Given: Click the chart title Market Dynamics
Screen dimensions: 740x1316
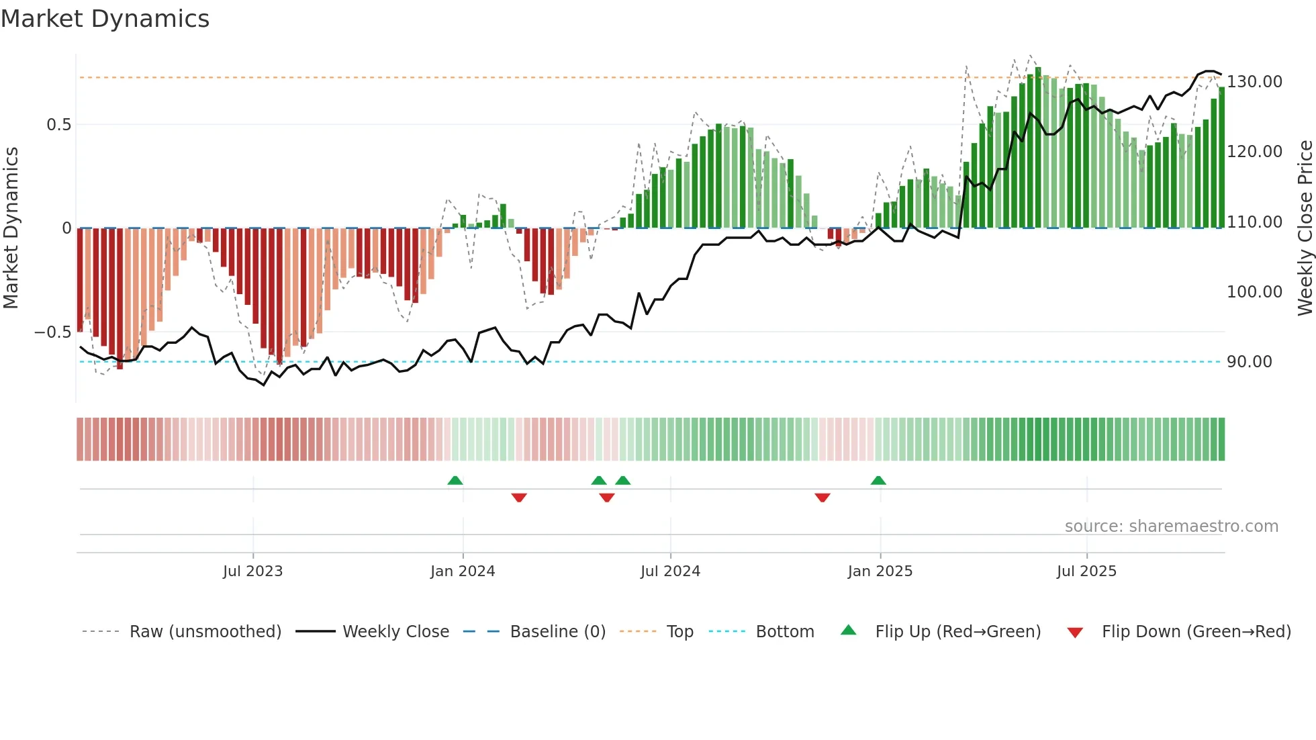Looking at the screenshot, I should pos(105,19).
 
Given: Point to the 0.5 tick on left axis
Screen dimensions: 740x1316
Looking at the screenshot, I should pos(58,125).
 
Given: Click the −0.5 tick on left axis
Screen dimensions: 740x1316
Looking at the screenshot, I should pos(53,332).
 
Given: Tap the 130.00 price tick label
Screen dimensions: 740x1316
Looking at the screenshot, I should pos(1254,82).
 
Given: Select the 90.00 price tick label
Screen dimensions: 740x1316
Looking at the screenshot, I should pos(1249,362).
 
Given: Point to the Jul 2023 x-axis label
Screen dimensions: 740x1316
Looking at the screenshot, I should pos(252,571).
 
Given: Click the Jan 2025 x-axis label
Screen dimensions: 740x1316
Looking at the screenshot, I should pos(880,571).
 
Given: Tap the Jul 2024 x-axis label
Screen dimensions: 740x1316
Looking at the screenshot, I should pos(670,571).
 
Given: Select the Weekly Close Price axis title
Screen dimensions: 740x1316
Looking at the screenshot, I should pos(1305,228).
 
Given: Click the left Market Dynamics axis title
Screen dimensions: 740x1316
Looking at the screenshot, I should pos(11,228).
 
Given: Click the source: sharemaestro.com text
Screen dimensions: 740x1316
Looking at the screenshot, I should pos(1171,526).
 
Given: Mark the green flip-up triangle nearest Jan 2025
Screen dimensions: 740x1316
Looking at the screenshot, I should pos(878,481).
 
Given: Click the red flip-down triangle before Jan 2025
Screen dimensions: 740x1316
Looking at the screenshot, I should pos(822,498).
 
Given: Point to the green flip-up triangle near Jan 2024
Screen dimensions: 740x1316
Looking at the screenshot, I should pos(455,481).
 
